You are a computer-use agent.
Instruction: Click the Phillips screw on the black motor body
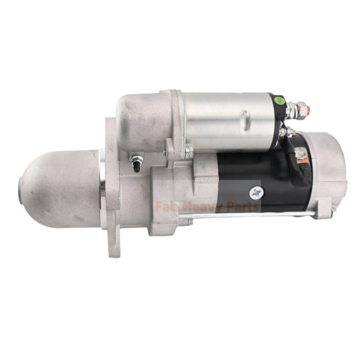[x=257, y=192]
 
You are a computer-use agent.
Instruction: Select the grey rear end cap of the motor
[x=326, y=174]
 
